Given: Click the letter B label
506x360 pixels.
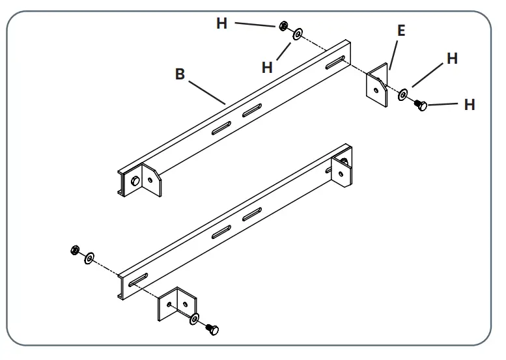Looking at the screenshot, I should [180, 74].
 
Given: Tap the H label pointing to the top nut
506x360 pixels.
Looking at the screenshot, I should [222, 23].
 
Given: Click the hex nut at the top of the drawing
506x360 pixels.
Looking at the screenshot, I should [284, 26].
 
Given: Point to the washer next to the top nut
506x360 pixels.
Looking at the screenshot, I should [298, 33].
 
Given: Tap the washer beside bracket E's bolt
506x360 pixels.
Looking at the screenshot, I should [403, 96].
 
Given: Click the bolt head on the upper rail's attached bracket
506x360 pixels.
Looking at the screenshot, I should [135, 182].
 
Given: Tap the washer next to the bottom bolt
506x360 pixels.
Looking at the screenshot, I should [195, 319].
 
